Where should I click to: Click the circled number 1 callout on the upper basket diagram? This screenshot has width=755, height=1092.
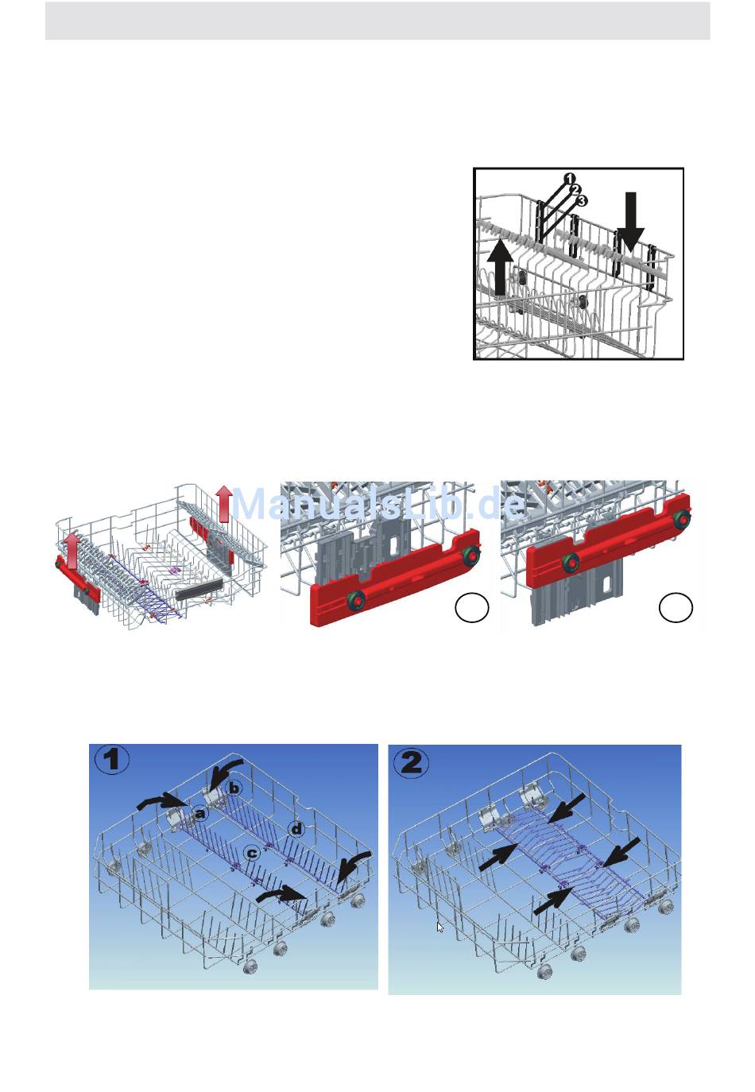(x=569, y=179)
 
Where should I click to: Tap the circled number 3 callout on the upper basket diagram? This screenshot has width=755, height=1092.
(x=582, y=200)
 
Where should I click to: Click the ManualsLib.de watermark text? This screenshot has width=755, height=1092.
(x=379, y=504)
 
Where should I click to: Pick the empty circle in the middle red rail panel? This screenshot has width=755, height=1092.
(x=472, y=607)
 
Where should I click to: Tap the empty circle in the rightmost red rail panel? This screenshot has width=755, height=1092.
(x=676, y=607)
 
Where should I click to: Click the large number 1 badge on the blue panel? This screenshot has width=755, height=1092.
(x=112, y=760)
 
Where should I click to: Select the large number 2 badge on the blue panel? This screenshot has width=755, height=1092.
(x=411, y=762)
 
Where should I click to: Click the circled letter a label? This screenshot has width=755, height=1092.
(x=199, y=813)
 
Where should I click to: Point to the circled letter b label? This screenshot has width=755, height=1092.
(x=234, y=788)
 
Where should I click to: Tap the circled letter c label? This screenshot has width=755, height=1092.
(x=251, y=853)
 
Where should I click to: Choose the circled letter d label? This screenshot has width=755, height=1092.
(x=296, y=828)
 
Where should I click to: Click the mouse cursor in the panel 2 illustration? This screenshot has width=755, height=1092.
(x=439, y=927)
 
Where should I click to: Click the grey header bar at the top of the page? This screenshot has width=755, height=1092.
(x=377, y=21)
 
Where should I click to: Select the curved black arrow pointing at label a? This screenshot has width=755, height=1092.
(x=163, y=801)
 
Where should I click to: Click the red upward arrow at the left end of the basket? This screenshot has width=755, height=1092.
(x=70, y=551)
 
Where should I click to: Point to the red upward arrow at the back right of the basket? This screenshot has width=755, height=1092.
(x=224, y=503)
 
